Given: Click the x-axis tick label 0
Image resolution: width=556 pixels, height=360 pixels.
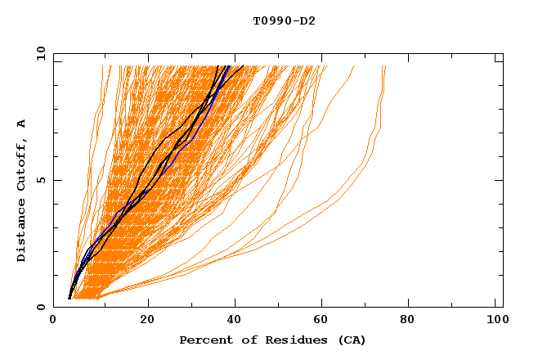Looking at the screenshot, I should tap(53, 319).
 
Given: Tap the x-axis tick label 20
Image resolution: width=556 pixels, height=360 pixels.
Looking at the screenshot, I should tap(147, 319).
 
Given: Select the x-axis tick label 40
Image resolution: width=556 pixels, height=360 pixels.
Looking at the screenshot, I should tap(235, 319).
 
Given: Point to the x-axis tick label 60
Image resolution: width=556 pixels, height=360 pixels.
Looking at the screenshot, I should tap(324, 319).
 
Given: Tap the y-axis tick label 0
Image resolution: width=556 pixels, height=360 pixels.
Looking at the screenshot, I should tap(40, 307).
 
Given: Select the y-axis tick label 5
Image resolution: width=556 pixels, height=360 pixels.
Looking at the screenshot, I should tap(40, 180).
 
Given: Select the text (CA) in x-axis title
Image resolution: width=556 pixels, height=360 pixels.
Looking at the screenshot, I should tap(351, 340).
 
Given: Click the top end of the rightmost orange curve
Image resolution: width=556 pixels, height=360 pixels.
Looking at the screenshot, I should tap(385, 66).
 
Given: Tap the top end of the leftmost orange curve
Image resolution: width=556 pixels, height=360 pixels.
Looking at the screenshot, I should tap(102, 66).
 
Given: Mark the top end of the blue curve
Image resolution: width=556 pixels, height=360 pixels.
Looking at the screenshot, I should tap(229, 66).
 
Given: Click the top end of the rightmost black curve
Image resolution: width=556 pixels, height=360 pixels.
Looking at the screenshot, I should tap(243, 66).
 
